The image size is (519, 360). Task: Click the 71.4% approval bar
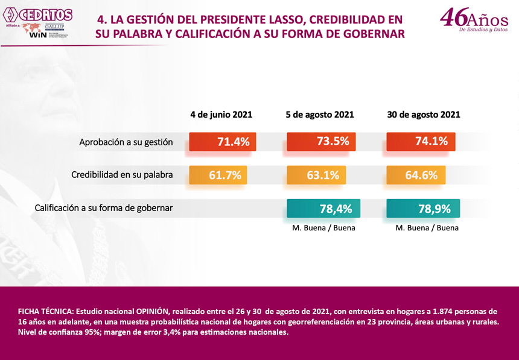(x=223, y=142)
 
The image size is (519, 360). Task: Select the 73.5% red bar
(x=322, y=142)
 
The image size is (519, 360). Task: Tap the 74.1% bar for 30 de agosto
(x=421, y=142)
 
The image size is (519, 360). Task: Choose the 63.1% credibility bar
(x=316, y=175)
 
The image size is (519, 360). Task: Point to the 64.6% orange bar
(x=416, y=175)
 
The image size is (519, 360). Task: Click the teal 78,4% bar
(x=323, y=208)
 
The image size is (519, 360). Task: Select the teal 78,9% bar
(x=423, y=208)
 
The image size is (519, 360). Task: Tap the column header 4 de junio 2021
(x=221, y=115)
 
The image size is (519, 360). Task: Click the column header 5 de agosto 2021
(x=320, y=115)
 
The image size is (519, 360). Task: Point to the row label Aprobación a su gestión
(x=126, y=142)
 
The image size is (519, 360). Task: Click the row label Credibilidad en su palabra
(x=122, y=175)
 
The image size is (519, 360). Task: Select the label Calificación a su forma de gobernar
(x=104, y=208)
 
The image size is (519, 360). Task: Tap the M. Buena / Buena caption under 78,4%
(x=323, y=228)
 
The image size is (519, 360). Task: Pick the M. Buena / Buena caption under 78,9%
(x=427, y=228)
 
